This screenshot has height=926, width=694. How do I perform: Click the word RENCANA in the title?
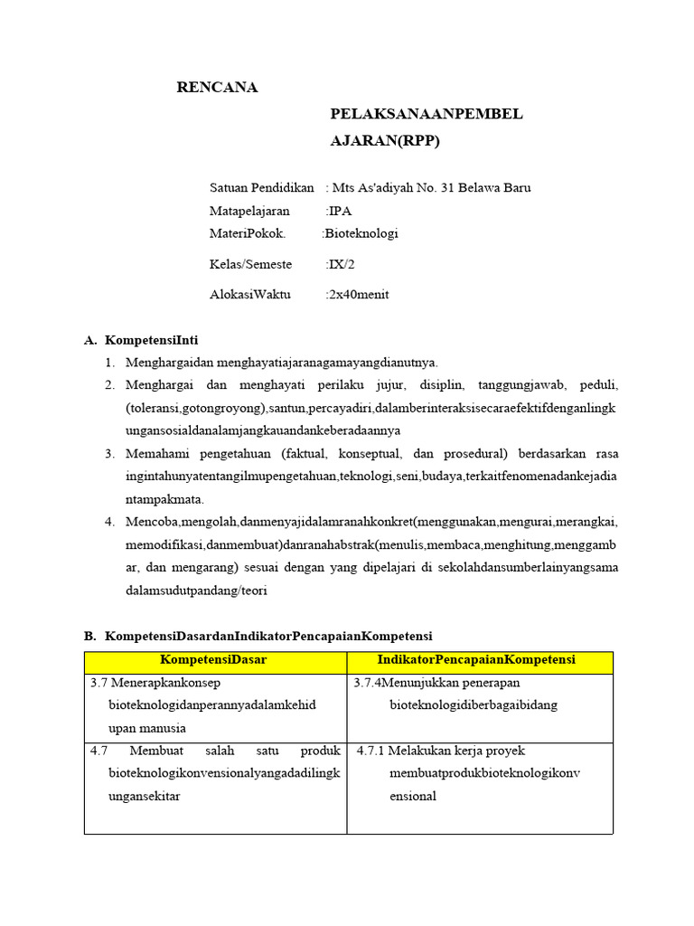216,88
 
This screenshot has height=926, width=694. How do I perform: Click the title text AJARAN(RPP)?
385,141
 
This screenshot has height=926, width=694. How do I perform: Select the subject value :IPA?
339,211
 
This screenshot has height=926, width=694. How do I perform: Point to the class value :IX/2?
341,264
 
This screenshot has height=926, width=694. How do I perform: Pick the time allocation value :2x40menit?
357,295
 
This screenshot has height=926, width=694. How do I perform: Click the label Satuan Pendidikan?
261,188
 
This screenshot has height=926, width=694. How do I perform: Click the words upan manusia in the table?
146,728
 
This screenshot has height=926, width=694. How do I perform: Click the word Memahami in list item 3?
155,453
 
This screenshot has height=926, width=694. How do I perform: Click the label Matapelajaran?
249,211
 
